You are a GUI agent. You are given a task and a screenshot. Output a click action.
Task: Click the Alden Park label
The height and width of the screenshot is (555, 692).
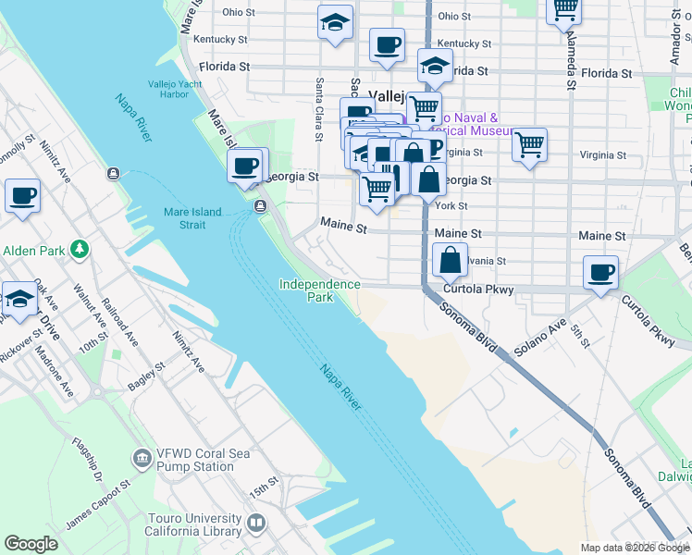pos(33,251)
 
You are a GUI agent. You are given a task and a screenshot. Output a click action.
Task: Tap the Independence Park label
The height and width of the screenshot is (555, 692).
pos(319,290)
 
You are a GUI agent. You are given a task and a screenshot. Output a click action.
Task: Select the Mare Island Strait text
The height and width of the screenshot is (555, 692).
pos(192,218)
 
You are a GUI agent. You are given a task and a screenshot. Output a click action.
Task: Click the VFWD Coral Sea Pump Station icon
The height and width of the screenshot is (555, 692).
pos(142,458)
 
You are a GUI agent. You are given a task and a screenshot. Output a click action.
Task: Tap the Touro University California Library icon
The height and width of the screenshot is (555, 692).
pos(256,524)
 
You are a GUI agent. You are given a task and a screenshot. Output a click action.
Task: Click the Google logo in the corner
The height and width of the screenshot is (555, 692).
pos(31,544)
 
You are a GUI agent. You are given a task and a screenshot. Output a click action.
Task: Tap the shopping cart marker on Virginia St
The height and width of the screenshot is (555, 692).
pos(529,144)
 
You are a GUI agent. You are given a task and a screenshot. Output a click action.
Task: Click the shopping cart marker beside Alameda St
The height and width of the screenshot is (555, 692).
pos(564,11)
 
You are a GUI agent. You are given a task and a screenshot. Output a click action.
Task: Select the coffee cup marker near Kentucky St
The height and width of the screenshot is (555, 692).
pos(387,43)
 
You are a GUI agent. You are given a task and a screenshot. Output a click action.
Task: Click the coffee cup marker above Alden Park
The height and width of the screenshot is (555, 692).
pos(22,196)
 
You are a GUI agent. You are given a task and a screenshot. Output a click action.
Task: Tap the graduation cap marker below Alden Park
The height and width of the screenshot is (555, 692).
pos(19,298)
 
